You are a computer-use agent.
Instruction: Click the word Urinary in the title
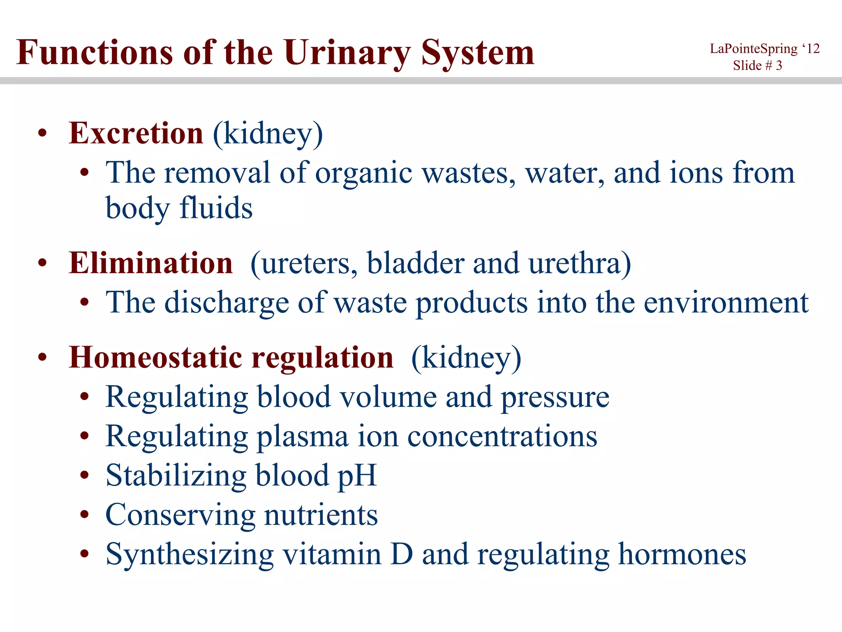[x=347, y=53]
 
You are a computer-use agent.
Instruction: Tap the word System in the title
[x=478, y=53]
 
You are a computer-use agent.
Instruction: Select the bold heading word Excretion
[x=136, y=134]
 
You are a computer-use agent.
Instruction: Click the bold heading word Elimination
[x=151, y=263]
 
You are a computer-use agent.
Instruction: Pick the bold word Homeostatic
[x=156, y=358]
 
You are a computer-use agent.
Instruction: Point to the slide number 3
[x=779, y=65]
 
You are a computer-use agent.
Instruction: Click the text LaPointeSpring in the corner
[x=754, y=49]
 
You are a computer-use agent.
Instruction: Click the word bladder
[x=415, y=264]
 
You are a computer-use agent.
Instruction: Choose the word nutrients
[x=321, y=515]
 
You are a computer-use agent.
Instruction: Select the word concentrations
[x=502, y=437]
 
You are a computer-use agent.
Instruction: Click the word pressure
[x=555, y=397]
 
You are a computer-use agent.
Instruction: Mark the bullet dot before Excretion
[x=42, y=134]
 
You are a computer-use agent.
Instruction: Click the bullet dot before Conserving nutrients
[x=85, y=515]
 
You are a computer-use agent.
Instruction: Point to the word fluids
[x=216, y=208]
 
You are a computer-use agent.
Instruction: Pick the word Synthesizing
[x=190, y=555]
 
